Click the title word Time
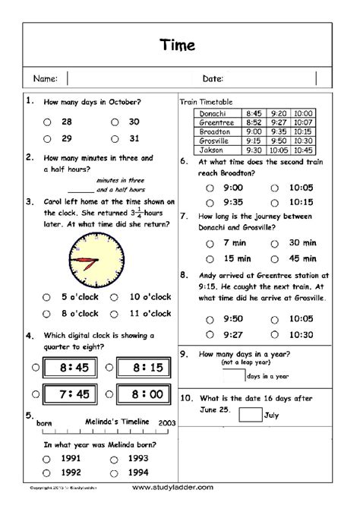[179, 46]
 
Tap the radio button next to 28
[47, 121]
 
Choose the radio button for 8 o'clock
[47, 313]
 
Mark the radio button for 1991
[47, 459]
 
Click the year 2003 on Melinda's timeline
[167, 422]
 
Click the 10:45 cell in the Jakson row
[302, 150]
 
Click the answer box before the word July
[249, 414]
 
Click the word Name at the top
[45, 78]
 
